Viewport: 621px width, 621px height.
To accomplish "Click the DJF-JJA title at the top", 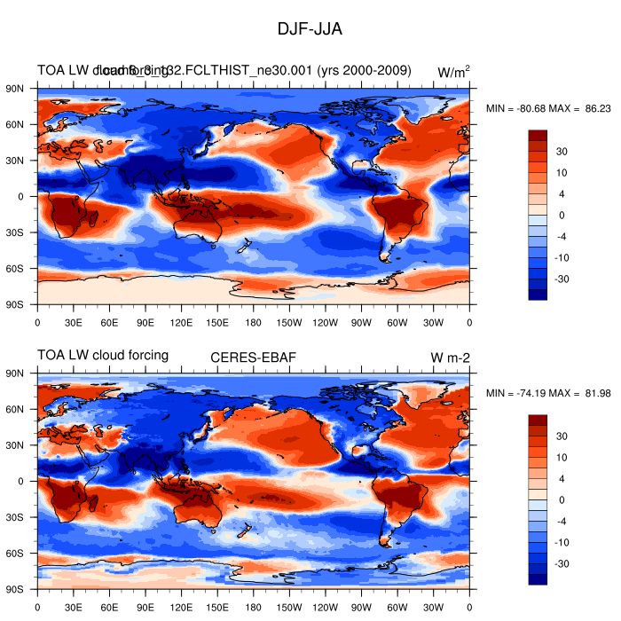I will (310, 29).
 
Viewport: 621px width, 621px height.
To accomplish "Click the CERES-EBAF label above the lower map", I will (253, 358).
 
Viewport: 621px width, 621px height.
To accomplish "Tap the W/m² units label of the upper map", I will (453, 72).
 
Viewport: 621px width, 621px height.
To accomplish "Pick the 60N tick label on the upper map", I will (20, 125).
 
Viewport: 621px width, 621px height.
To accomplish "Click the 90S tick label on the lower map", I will (20, 589).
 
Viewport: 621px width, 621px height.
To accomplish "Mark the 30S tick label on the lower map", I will (20, 517).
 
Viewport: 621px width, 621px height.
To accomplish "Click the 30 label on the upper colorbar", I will (562, 152).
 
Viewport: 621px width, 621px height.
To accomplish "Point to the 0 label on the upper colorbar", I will (560, 216).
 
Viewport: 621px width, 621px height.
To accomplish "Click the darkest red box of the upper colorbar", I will (538, 135).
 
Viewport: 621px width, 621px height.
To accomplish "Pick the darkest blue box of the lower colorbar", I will (538, 579).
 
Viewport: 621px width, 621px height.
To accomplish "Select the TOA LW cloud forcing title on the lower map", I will (103, 356).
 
